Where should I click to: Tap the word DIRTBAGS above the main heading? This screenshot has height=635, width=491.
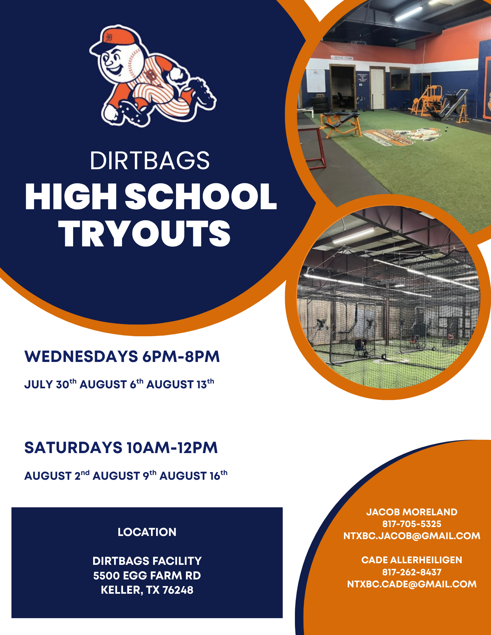point(150,161)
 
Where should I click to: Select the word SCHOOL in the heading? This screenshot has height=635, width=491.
point(201,197)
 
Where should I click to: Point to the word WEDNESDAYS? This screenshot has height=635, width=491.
point(81,356)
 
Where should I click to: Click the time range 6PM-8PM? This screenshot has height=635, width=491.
point(181,356)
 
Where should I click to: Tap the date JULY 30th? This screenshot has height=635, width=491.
point(51,384)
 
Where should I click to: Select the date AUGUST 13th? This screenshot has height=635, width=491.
point(180,384)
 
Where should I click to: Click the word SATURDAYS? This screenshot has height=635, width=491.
point(73,448)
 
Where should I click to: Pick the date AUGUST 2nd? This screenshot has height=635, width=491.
point(57,475)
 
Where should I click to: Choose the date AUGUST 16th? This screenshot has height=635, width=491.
point(194,475)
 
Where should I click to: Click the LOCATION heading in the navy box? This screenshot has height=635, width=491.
point(147,532)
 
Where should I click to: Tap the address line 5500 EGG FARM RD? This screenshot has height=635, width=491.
point(147,575)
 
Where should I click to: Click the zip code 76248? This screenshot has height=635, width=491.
point(178,590)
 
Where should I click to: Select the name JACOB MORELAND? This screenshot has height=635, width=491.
point(412,512)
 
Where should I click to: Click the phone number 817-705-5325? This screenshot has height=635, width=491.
point(412,524)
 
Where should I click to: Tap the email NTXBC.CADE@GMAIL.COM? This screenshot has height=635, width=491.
point(412,584)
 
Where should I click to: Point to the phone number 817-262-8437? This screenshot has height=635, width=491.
point(412,572)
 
